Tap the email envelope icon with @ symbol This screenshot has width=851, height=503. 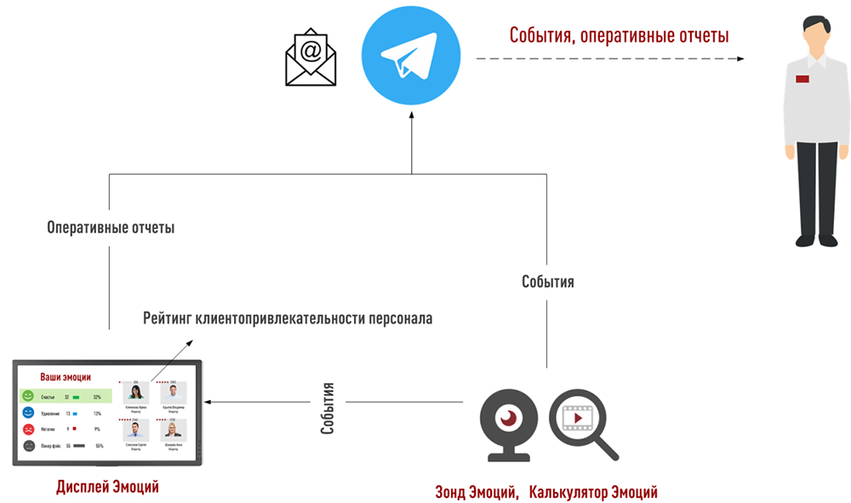click(x=311, y=57)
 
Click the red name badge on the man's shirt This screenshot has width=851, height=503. click(x=802, y=79)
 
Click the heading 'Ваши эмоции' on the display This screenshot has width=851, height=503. click(x=66, y=377)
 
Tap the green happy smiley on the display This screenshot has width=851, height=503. click(x=28, y=397)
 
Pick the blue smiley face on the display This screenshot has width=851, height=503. click(x=28, y=413)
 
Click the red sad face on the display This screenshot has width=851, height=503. click(x=28, y=429)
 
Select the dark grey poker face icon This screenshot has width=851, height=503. click(x=28, y=445)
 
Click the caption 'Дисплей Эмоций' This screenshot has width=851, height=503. click(x=107, y=487)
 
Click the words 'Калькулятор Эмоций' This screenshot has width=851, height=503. click(x=592, y=492)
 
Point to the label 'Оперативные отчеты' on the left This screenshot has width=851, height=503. click(x=111, y=229)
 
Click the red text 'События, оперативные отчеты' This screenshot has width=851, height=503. click(x=619, y=36)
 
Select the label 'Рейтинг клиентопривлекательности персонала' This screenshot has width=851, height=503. click(x=288, y=319)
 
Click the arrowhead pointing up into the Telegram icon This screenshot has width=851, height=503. click(x=412, y=116)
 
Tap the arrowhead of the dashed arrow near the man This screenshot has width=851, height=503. click(x=740, y=59)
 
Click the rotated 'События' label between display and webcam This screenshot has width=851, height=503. click(x=328, y=408)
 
